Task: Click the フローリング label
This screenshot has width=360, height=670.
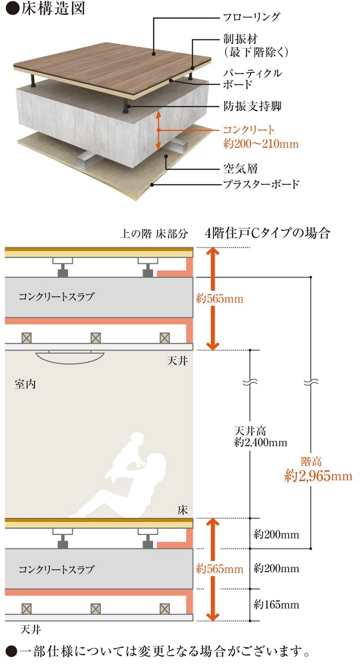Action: [x=252, y=17]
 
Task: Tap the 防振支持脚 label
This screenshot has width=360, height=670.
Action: [x=252, y=106]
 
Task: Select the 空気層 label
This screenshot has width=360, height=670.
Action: [x=240, y=169]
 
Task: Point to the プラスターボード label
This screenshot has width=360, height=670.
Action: [x=261, y=184]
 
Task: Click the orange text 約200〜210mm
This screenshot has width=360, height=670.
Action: [x=261, y=144]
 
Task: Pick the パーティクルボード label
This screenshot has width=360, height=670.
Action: [x=253, y=79]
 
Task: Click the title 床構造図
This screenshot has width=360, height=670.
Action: [x=53, y=8]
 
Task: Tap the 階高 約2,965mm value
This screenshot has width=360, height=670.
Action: [x=318, y=470]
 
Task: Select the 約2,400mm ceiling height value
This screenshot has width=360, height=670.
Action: [x=261, y=443]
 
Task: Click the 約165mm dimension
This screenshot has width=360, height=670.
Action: [x=276, y=605]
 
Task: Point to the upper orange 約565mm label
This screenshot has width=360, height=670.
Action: [x=220, y=298]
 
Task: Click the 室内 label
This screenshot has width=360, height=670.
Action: [x=25, y=384]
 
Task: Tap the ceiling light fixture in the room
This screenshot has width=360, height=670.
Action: [x=70, y=357]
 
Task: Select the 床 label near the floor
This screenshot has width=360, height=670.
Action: [x=183, y=510]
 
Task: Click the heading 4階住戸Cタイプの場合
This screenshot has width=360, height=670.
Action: [x=267, y=233]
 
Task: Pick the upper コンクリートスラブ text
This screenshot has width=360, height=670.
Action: [x=57, y=296]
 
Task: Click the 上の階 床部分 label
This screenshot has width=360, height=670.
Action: [x=154, y=233]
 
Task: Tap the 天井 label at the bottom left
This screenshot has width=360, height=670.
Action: [x=31, y=630]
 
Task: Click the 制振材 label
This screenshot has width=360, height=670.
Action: [x=240, y=39]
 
